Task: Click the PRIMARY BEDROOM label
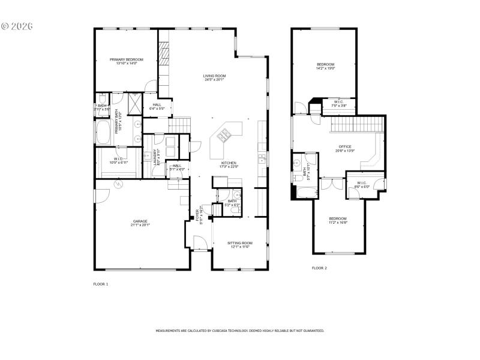pyautogui.click(x=126, y=59)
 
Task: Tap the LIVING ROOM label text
pyautogui.click(x=214, y=76)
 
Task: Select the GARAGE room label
pyautogui.click(x=140, y=221)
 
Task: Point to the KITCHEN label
pyautogui.click(x=229, y=163)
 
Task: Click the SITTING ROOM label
pyautogui.click(x=239, y=243)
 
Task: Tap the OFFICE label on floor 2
pyautogui.click(x=344, y=146)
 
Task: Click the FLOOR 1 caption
pyautogui.click(x=101, y=283)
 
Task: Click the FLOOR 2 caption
pyautogui.click(x=319, y=268)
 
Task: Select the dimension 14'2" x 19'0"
pyautogui.click(x=326, y=68)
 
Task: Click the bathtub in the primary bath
pyautogui.click(x=104, y=133)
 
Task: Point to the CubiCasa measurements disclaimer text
pyautogui.click(x=240, y=331)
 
